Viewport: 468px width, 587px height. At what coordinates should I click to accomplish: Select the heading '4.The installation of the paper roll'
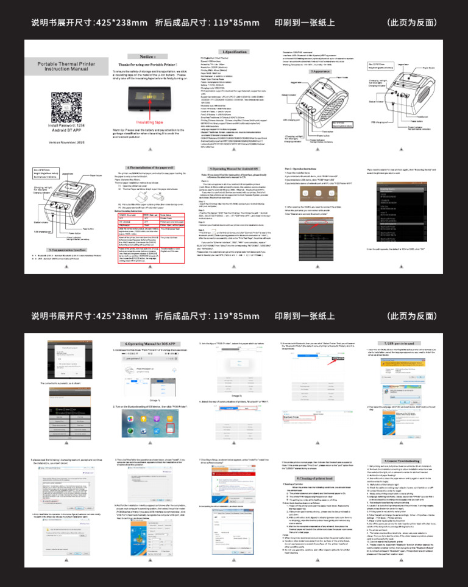click(x=151, y=167)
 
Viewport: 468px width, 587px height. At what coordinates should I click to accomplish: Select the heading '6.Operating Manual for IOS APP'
click(x=151, y=345)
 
